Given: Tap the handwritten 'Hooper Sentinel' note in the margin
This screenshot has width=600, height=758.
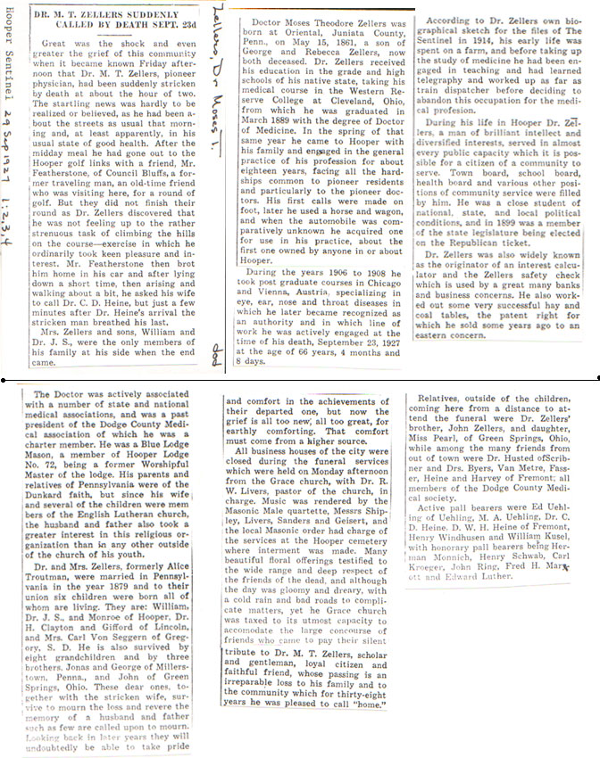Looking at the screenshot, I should click(10, 53).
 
